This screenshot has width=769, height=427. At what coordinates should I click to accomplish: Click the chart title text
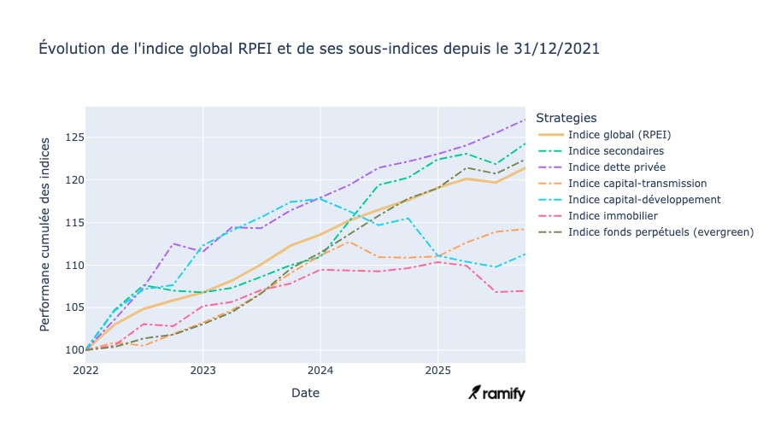320,50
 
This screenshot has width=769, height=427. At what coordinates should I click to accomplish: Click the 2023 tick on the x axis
203,371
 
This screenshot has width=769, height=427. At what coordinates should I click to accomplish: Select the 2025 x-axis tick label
437,371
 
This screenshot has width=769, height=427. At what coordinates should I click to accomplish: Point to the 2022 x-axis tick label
85,371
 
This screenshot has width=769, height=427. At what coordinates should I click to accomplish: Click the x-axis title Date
305,393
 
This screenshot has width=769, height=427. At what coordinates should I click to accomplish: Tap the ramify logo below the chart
497,393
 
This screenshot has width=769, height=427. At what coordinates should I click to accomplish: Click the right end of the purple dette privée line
525,120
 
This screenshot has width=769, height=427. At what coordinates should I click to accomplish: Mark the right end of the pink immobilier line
525,291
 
